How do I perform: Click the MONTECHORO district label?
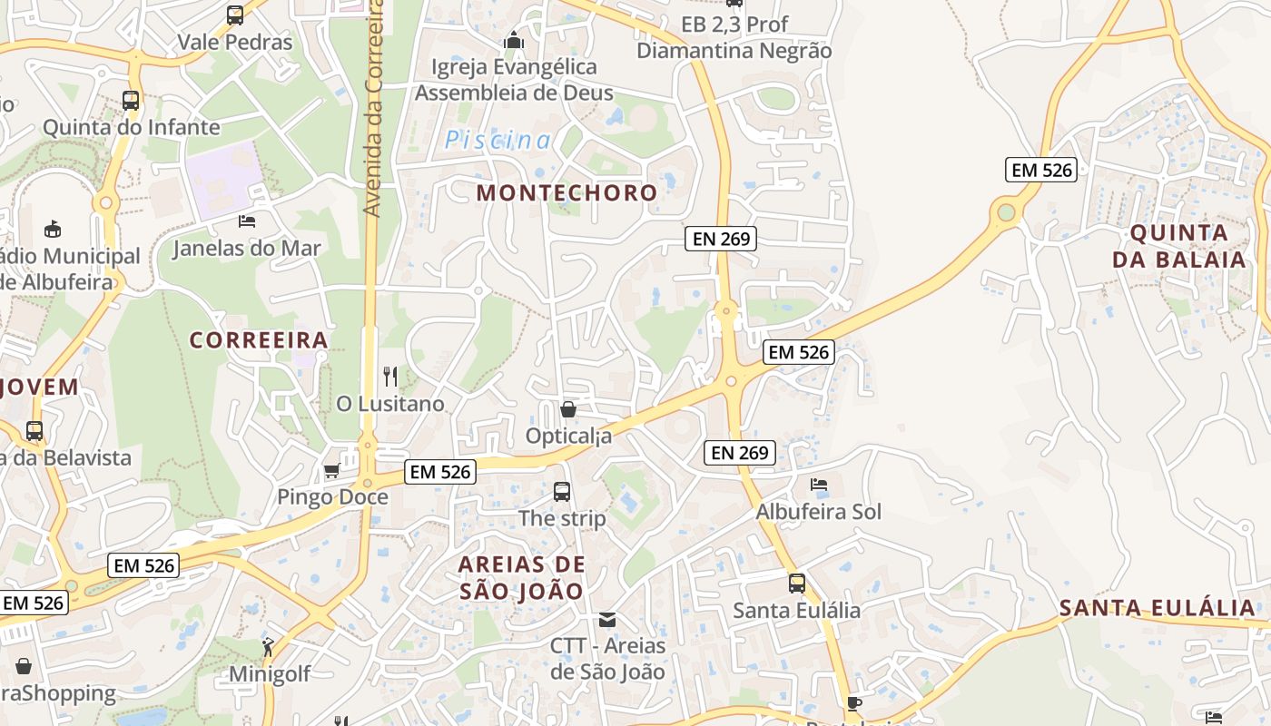pyautogui.click(x=567, y=192)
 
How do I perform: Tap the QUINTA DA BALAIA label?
pyautogui.click(x=1179, y=246)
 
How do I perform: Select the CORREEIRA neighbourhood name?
pyautogui.click(x=259, y=340)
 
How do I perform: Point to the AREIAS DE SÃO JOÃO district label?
pyautogui.click(x=521, y=577)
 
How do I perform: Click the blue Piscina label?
pyautogui.click(x=498, y=141)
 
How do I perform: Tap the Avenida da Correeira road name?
pyautogui.click(x=372, y=109)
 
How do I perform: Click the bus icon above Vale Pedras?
pyautogui.click(x=235, y=15)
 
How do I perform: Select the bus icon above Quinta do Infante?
pyautogui.click(x=131, y=101)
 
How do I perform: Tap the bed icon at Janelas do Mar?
pyautogui.click(x=246, y=221)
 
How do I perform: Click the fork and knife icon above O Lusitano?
pyautogui.click(x=390, y=377)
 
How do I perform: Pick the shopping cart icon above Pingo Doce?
pyautogui.click(x=332, y=470)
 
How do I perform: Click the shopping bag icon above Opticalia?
pyautogui.click(x=568, y=409)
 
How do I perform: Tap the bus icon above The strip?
pyautogui.click(x=562, y=492)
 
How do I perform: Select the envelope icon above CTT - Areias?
pyautogui.click(x=607, y=620)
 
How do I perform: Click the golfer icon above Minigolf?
pyautogui.click(x=269, y=647)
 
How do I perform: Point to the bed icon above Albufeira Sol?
pyautogui.click(x=819, y=485)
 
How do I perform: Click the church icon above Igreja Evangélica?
pyautogui.click(x=514, y=40)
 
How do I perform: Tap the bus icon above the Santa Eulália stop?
pyautogui.click(x=796, y=584)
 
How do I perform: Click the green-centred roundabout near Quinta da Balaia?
pyautogui.click(x=1006, y=212)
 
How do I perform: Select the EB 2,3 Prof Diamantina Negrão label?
pyautogui.click(x=734, y=37)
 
